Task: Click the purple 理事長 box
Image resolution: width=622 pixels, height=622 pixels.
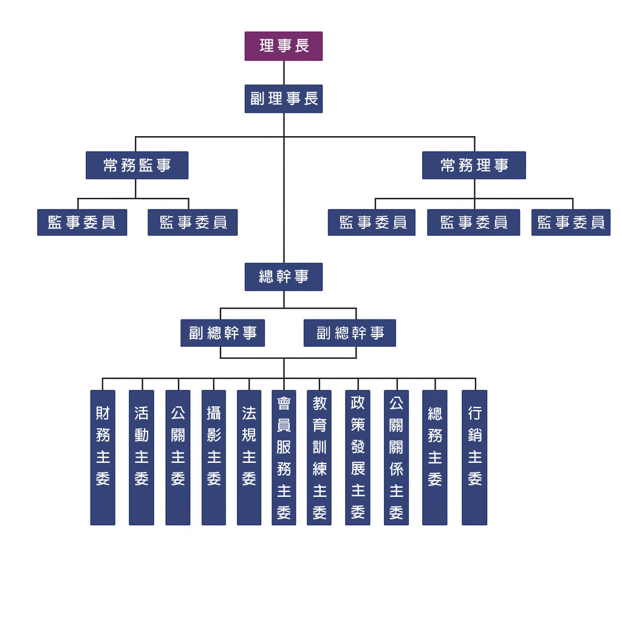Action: (x=284, y=46)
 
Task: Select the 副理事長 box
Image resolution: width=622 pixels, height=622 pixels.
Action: (x=284, y=98)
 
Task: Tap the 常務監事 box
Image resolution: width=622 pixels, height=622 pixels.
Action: (x=137, y=165)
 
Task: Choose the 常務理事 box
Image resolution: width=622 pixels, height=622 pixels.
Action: (x=474, y=165)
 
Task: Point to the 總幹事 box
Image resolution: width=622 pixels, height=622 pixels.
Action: (x=284, y=277)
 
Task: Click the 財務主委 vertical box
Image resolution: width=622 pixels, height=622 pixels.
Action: (x=103, y=457)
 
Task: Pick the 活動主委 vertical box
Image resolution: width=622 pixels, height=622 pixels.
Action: (x=141, y=457)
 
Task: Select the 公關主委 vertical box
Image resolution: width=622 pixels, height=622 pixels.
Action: (x=178, y=457)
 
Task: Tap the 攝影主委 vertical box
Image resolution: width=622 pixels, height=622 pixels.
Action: (x=214, y=457)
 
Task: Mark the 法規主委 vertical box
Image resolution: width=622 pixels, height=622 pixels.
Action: (x=249, y=457)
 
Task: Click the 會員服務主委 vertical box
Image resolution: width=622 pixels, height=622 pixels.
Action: (x=284, y=457)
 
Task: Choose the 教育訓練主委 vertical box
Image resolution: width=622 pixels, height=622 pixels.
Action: (x=320, y=457)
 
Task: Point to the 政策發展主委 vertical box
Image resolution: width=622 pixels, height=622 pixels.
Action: (x=358, y=457)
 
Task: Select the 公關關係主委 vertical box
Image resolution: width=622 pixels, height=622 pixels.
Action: (x=396, y=457)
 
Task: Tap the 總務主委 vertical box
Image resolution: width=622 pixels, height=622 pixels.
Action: (x=435, y=457)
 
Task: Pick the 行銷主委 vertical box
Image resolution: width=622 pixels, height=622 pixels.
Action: (x=474, y=457)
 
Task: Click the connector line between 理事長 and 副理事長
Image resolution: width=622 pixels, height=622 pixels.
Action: (x=284, y=72)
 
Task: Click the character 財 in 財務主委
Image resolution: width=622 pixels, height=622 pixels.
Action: (x=103, y=414)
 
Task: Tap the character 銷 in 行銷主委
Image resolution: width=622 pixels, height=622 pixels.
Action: (x=474, y=436)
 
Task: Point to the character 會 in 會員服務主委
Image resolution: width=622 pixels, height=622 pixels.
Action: (x=284, y=403)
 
